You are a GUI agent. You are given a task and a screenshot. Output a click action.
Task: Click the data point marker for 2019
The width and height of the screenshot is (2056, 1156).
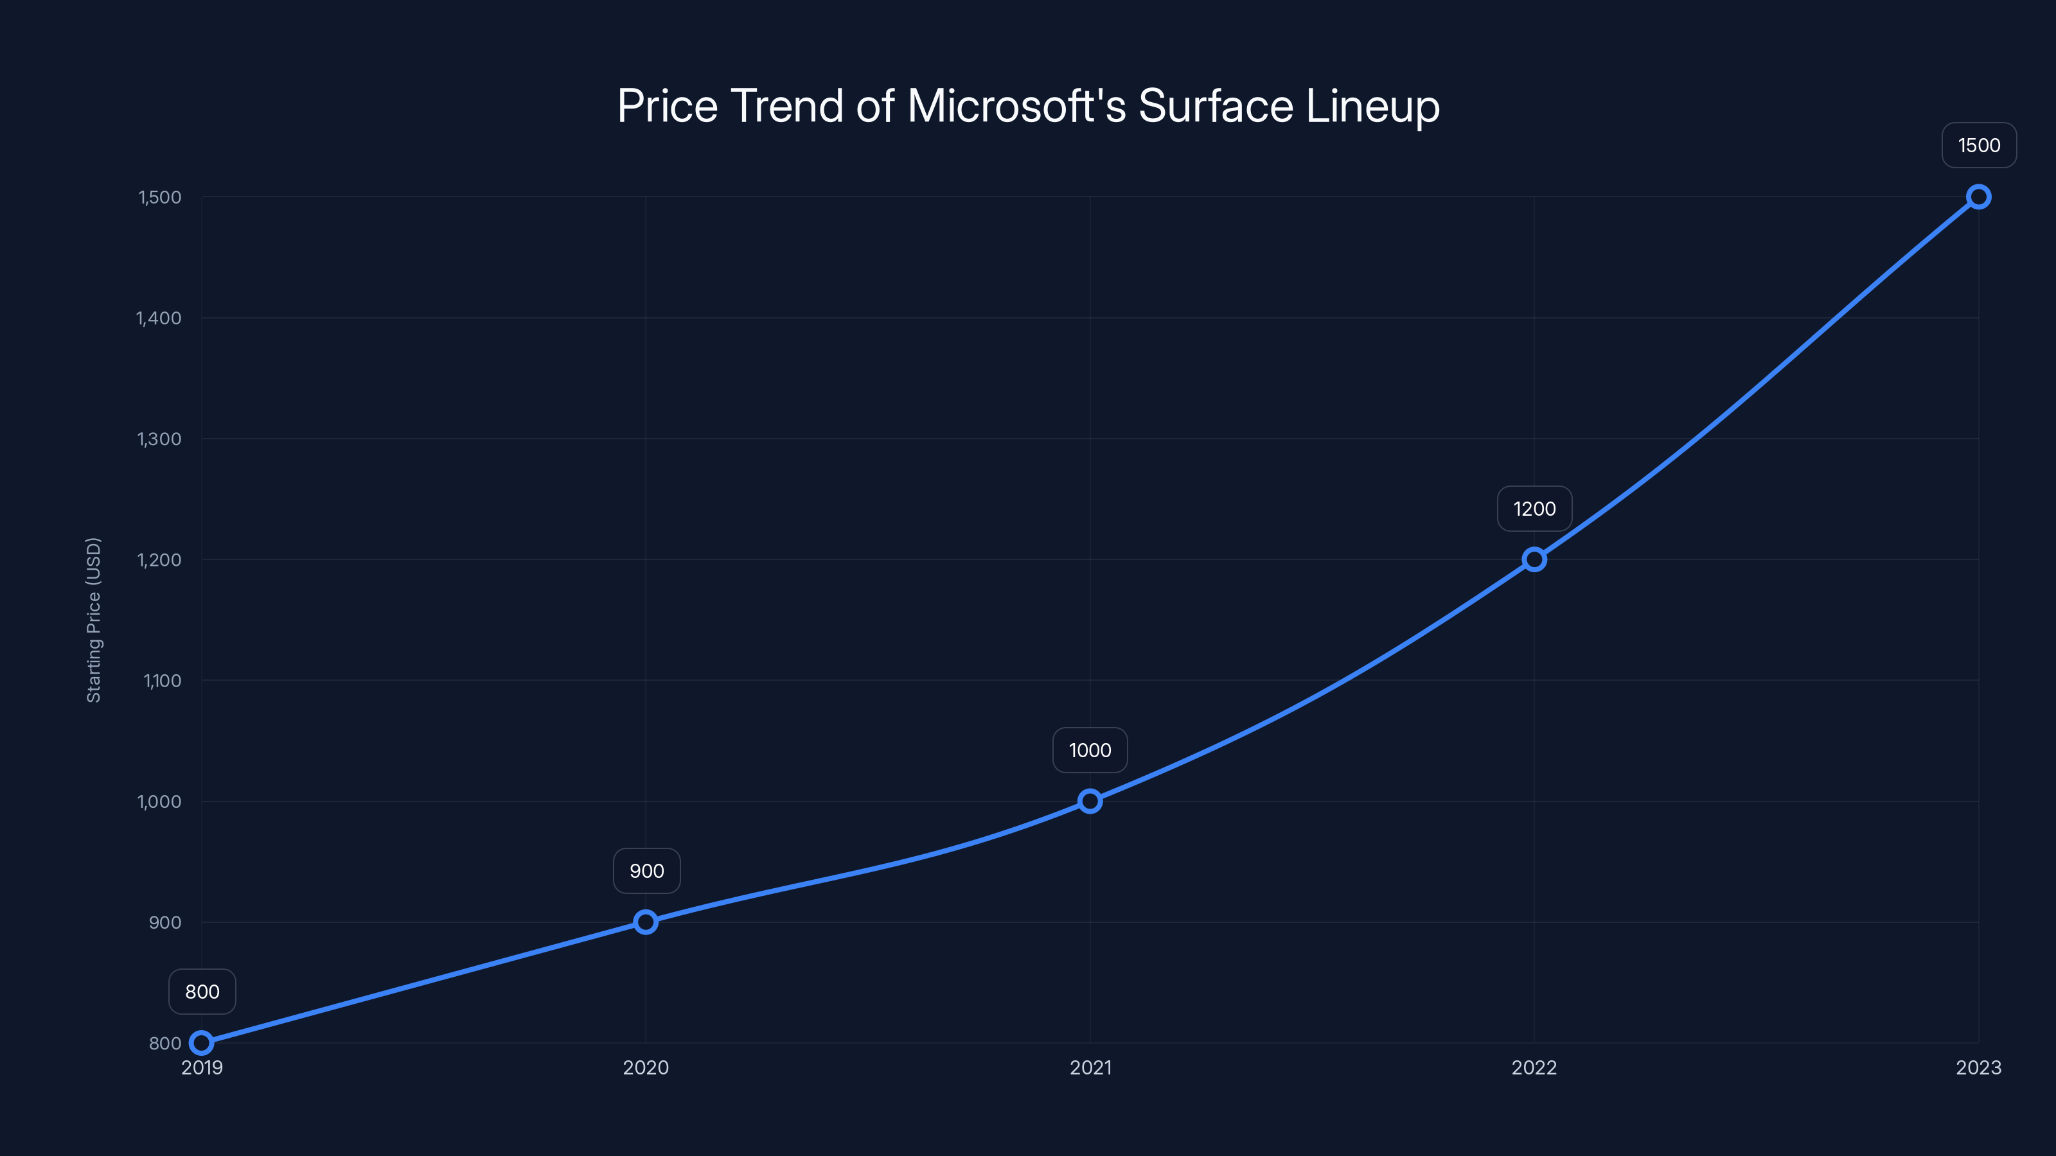coord(202,1043)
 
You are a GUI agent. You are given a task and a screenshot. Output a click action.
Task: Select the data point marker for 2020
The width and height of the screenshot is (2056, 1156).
coord(646,922)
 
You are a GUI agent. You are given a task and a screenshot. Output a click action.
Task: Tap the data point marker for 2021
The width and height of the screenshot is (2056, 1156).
coord(1090,801)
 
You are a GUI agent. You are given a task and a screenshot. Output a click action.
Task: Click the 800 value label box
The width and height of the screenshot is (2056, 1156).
coord(202,992)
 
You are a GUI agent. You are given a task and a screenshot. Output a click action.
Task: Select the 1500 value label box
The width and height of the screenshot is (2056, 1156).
coord(1979,145)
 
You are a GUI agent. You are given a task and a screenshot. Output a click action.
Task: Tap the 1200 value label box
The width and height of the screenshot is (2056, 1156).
coord(1534,509)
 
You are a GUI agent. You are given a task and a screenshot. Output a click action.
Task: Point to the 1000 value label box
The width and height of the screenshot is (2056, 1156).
coord(1090,750)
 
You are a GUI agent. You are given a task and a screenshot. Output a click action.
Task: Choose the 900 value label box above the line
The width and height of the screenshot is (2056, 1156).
coord(646,870)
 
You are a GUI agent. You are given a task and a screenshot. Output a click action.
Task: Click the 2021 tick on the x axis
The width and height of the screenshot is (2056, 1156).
coord(1090,1067)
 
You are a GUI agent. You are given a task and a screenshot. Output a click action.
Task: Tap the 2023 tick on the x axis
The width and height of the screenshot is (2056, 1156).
coord(1978,1067)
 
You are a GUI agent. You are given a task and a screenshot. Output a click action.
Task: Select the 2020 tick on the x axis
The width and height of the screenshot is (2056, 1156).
coord(646,1067)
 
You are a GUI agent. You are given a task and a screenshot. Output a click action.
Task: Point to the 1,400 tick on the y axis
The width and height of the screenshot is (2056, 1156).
coord(159,319)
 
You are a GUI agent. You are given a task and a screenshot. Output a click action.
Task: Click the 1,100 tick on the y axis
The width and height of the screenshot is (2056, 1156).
coord(162,681)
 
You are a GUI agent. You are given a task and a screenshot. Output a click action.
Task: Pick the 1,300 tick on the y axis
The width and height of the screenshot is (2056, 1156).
coord(159,439)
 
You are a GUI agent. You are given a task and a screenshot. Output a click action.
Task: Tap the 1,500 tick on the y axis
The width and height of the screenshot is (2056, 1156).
coord(159,197)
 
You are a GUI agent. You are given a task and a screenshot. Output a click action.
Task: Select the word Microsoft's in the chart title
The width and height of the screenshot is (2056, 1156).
coord(1016,106)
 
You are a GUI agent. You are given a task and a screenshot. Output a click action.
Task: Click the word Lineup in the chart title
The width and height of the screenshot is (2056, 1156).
coord(1373,106)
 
